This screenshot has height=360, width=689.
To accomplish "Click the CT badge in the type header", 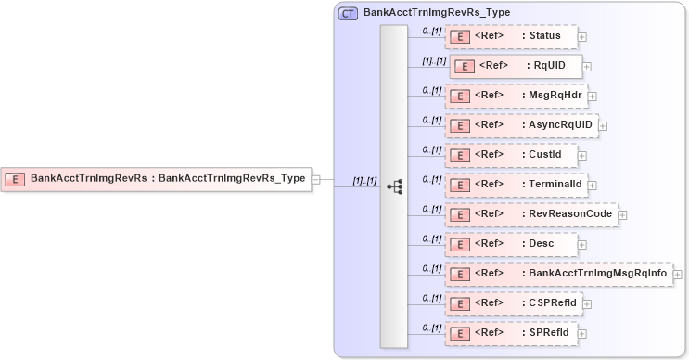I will coord(349,13).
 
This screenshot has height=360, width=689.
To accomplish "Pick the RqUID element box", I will coord(516,67).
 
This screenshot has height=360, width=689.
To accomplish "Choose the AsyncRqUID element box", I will coord(520,125).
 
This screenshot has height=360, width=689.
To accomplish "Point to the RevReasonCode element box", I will coord(530,214).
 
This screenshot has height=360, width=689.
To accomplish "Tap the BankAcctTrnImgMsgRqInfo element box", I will coord(558,274).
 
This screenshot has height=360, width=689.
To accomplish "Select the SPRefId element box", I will coord(511,333).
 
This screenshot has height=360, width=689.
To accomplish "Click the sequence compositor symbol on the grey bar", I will coord(394,186).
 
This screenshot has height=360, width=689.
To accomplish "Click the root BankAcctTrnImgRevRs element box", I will coord(155,178).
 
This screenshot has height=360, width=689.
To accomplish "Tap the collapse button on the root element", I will coord(315,179).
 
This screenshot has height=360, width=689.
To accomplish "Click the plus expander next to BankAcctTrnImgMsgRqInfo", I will coord(678,275).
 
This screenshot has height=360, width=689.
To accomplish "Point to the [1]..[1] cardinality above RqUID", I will coord(434,60).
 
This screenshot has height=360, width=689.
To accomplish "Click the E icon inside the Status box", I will coord(457,37).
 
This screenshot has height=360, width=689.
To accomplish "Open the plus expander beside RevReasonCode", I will coord(622,215).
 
